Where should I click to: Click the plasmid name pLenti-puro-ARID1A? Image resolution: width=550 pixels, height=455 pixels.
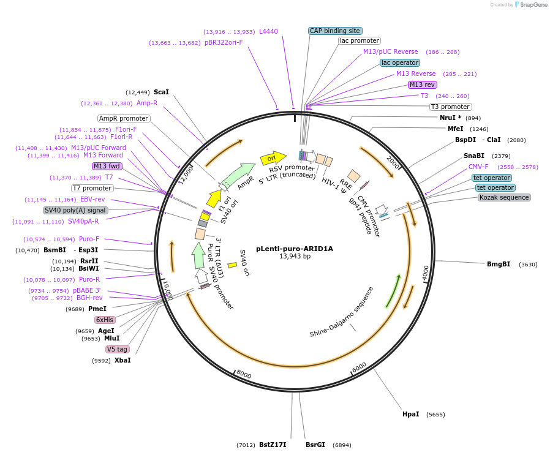coord(295,249)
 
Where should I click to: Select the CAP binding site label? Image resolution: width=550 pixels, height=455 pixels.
coord(335,31)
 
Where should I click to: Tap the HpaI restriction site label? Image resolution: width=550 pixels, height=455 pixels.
coord(410,414)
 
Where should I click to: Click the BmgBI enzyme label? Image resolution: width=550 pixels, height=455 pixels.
coord(499,265)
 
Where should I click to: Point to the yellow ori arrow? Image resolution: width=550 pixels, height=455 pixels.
coord(273,159)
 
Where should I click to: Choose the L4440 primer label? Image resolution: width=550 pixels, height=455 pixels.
coord(268,31)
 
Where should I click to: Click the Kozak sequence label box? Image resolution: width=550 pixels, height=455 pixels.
coord(504,197)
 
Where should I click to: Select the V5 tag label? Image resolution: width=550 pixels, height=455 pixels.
coord(117,349)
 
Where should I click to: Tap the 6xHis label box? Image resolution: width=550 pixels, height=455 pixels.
coord(104,320)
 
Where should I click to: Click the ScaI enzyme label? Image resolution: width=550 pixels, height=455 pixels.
coord(161,92)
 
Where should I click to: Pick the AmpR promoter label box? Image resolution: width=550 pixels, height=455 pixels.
coord(124,118)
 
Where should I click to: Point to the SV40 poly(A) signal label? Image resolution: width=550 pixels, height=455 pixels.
coord(75,210)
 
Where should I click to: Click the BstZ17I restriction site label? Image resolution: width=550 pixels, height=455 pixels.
coord(273,445)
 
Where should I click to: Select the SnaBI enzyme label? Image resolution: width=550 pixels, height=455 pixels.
coord(473,156)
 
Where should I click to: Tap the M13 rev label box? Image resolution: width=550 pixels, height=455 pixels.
coord(422,85)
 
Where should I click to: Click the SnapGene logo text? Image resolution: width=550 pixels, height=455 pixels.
coord(532,5)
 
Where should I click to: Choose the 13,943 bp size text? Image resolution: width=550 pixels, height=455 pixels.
coord(295,257)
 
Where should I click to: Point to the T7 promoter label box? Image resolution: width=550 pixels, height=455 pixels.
coord(92,188)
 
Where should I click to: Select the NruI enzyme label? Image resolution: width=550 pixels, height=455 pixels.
coord(450,117)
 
